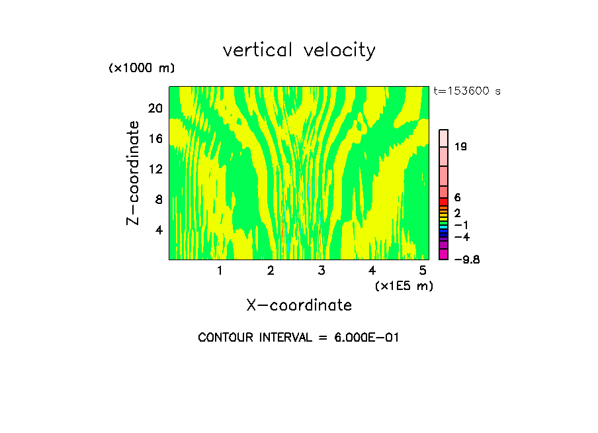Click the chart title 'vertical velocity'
299,50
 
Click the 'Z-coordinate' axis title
134,173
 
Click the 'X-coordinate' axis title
299,305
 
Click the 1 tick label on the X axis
220,270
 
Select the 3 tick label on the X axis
321,270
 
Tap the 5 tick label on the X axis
423,270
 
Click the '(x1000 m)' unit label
142,68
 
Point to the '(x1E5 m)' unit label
404,286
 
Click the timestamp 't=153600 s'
467,91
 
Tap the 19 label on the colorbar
461,146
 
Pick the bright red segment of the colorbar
444,201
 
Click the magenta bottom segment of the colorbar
444,254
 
